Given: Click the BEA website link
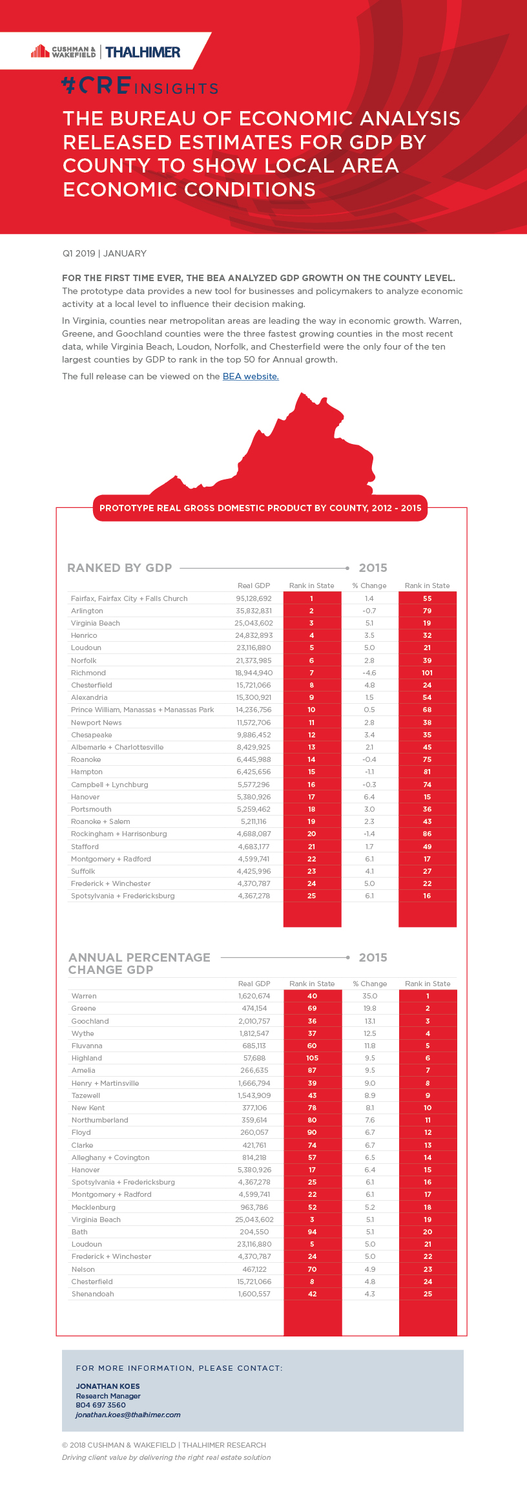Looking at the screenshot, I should (x=251, y=376).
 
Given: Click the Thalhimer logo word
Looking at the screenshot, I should (x=143, y=52).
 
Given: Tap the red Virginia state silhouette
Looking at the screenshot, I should (x=284, y=459).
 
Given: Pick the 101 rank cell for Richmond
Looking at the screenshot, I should (x=427, y=673).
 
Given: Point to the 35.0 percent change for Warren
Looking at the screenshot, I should (x=369, y=996).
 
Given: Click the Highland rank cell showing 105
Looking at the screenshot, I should (x=312, y=1058).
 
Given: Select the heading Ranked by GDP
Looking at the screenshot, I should (x=119, y=567).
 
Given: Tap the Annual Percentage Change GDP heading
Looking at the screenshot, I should (x=139, y=963).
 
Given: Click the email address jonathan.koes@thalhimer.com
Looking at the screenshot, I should (x=128, y=1415).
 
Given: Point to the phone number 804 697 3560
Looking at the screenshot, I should (x=101, y=1405).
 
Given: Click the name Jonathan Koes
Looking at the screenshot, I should (x=108, y=1386).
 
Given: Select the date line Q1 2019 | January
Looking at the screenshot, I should (x=105, y=253).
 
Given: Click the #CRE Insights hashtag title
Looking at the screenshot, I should (x=139, y=86).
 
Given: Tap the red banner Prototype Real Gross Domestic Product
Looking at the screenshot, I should (x=260, y=508).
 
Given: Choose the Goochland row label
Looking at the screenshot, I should (x=90, y=1021).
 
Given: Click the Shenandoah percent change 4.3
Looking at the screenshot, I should (x=369, y=1294).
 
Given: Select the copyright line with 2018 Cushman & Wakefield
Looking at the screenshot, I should (x=164, y=1445).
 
